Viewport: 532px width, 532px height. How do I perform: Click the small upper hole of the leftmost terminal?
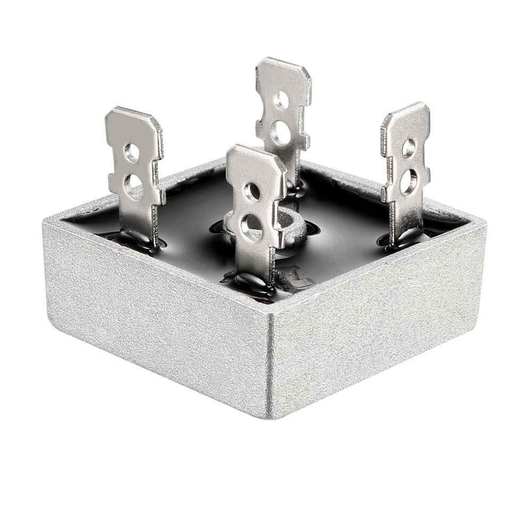point(131,153)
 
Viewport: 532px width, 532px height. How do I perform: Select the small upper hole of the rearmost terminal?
point(281,99)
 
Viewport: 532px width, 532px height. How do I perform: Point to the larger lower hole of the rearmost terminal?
point(280,132)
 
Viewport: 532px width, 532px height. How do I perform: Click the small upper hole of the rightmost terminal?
point(408,147)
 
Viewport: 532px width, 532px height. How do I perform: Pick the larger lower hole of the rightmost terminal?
point(408,181)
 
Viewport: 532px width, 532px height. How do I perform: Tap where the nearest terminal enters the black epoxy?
point(254,279)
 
